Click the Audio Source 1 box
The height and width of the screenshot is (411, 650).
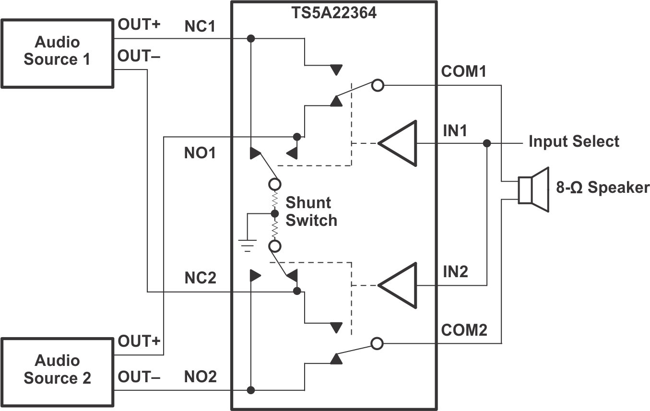point(57,53)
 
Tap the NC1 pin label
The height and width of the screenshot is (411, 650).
point(201,27)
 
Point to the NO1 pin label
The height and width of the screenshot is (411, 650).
point(200,153)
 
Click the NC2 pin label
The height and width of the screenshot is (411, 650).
point(201,278)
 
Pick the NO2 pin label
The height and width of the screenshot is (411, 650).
point(201,376)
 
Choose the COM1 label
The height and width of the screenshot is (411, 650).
point(464,72)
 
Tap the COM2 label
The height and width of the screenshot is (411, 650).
point(464,330)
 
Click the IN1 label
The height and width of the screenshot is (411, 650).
point(455,130)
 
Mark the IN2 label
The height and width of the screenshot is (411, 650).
point(455,272)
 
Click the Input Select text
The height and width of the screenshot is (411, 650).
point(574,141)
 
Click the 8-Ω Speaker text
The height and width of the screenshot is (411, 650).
point(603,188)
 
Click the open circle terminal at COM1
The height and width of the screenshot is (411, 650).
point(378,86)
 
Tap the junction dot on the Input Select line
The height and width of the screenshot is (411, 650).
point(487,143)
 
